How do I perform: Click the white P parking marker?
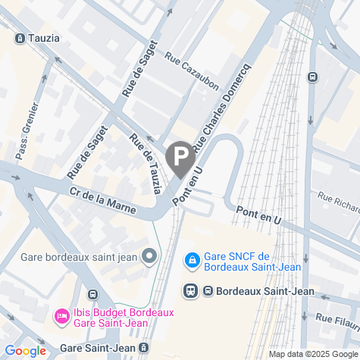(x=180, y=158)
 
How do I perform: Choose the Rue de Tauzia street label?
(x=146, y=162)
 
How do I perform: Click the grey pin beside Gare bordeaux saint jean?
(x=149, y=257)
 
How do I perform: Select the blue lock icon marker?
(x=193, y=260)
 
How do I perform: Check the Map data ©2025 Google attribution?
(x=312, y=354)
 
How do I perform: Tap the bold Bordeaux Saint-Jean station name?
(x=259, y=290)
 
